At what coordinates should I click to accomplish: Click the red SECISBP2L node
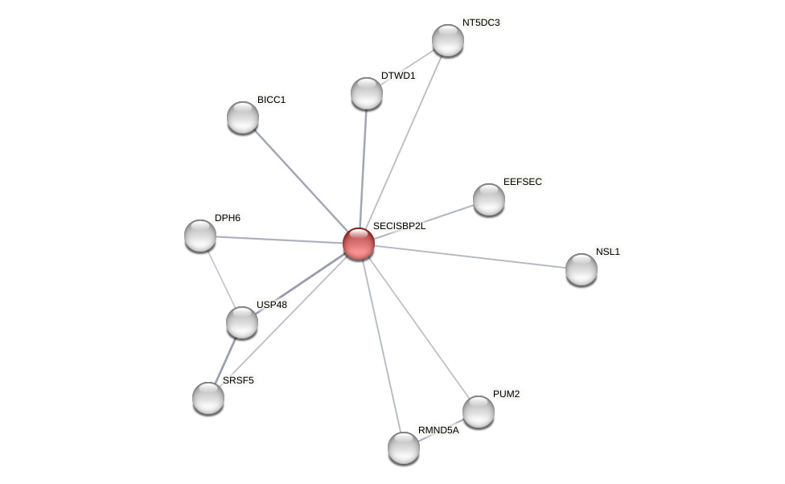click(x=359, y=244)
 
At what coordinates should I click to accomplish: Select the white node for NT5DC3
click(x=448, y=40)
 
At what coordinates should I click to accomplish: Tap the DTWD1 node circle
click(x=367, y=93)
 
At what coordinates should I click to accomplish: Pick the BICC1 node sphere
click(x=243, y=117)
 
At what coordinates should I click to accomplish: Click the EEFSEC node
click(x=489, y=199)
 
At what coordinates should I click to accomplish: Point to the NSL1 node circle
click(x=582, y=269)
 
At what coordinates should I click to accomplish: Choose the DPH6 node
click(x=200, y=236)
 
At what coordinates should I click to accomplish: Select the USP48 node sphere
click(x=242, y=322)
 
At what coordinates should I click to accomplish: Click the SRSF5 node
click(x=208, y=398)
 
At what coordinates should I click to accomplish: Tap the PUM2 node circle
click(x=479, y=412)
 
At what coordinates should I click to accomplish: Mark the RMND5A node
click(x=404, y=448)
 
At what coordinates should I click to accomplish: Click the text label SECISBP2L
click(x=399, y=227)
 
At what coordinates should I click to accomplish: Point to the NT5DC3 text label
click(x=481, y=23)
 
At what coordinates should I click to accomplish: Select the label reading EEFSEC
click(x=523, y=182)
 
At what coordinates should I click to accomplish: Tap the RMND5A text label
click(x=438, y=430)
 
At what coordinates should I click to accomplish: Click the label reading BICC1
click(x=272, y=100)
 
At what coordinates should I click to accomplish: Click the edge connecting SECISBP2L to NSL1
click(x=471, y=256)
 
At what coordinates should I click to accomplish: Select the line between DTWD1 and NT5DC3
click(x=408, y=67)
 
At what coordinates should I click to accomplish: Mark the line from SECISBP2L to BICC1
click(x=301, y=181)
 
